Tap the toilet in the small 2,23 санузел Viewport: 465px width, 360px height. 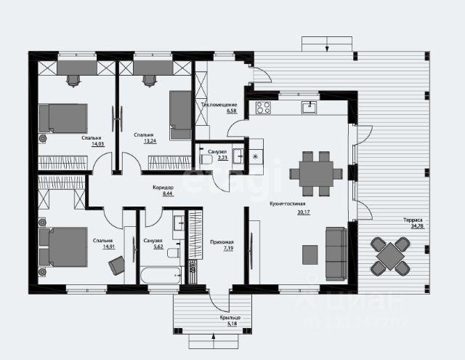point(204,156)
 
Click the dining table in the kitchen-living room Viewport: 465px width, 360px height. point(315,173)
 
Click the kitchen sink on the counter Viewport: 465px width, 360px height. point(310,108)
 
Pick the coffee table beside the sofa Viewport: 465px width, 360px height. point(310,255)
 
